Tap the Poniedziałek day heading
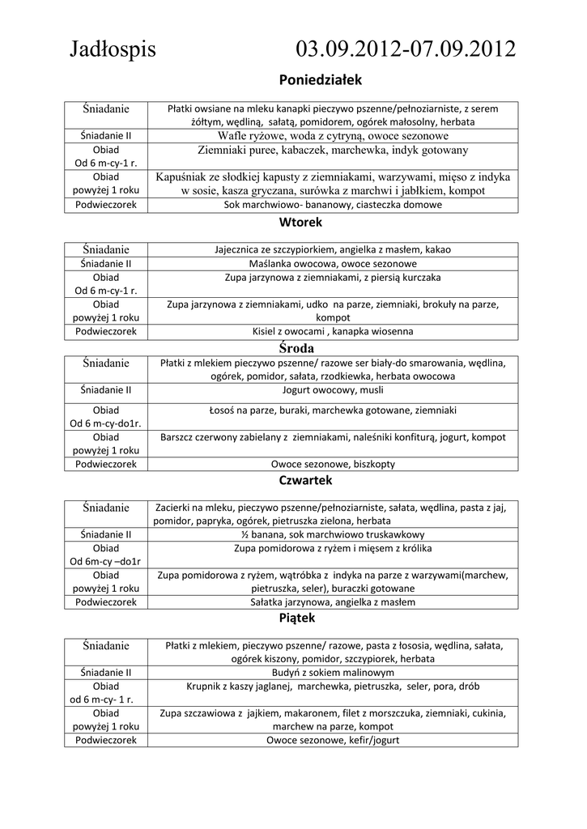pyautogui.click(x=320, y=80)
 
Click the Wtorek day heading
pyautogui.click(x=300, y=221)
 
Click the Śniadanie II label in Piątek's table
pyautogui.click(x=106, y=672)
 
